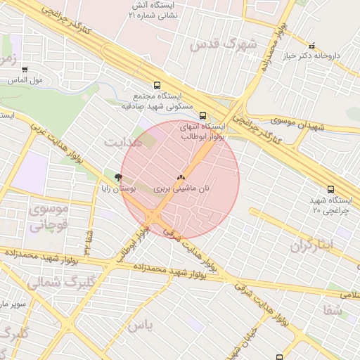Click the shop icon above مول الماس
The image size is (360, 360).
point(25,70)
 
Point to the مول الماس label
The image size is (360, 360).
point(27,79)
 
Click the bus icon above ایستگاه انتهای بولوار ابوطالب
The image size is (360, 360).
point(203,116)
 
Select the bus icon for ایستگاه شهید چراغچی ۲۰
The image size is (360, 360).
point(330,188)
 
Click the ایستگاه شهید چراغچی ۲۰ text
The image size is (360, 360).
point(330,205)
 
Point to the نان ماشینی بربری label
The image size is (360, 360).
point(181,189)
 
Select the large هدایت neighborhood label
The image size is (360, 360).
point(122,142)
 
